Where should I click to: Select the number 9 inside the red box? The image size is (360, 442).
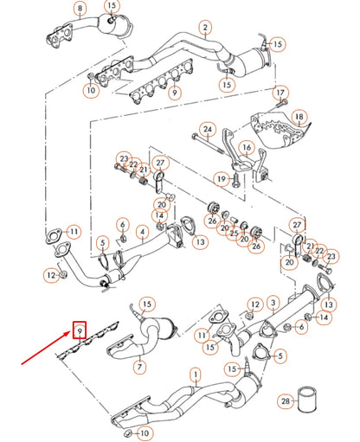point(80,329)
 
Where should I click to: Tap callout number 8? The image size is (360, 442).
point(80,10)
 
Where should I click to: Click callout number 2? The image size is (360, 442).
point(205,27)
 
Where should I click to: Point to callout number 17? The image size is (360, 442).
point(280,93)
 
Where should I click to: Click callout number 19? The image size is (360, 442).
point(221,178)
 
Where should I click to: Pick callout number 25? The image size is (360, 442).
point(232,232)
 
